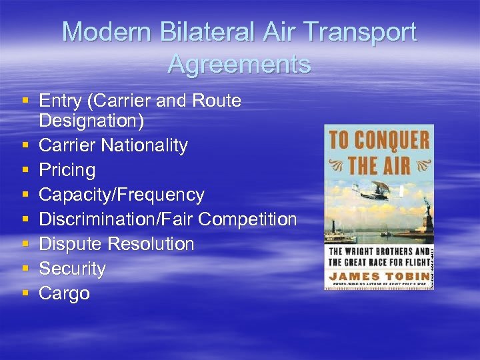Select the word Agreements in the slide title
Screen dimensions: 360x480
239,64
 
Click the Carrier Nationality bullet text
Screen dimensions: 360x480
113,145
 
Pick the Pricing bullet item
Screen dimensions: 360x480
67,170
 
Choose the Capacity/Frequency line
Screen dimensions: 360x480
121,195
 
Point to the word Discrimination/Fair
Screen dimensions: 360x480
117,219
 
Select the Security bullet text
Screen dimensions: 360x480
72,269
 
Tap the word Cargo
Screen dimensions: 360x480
64,293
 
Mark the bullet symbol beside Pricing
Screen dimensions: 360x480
25,170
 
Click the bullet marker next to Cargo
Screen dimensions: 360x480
25,293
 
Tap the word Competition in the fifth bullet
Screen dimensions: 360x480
247,219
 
